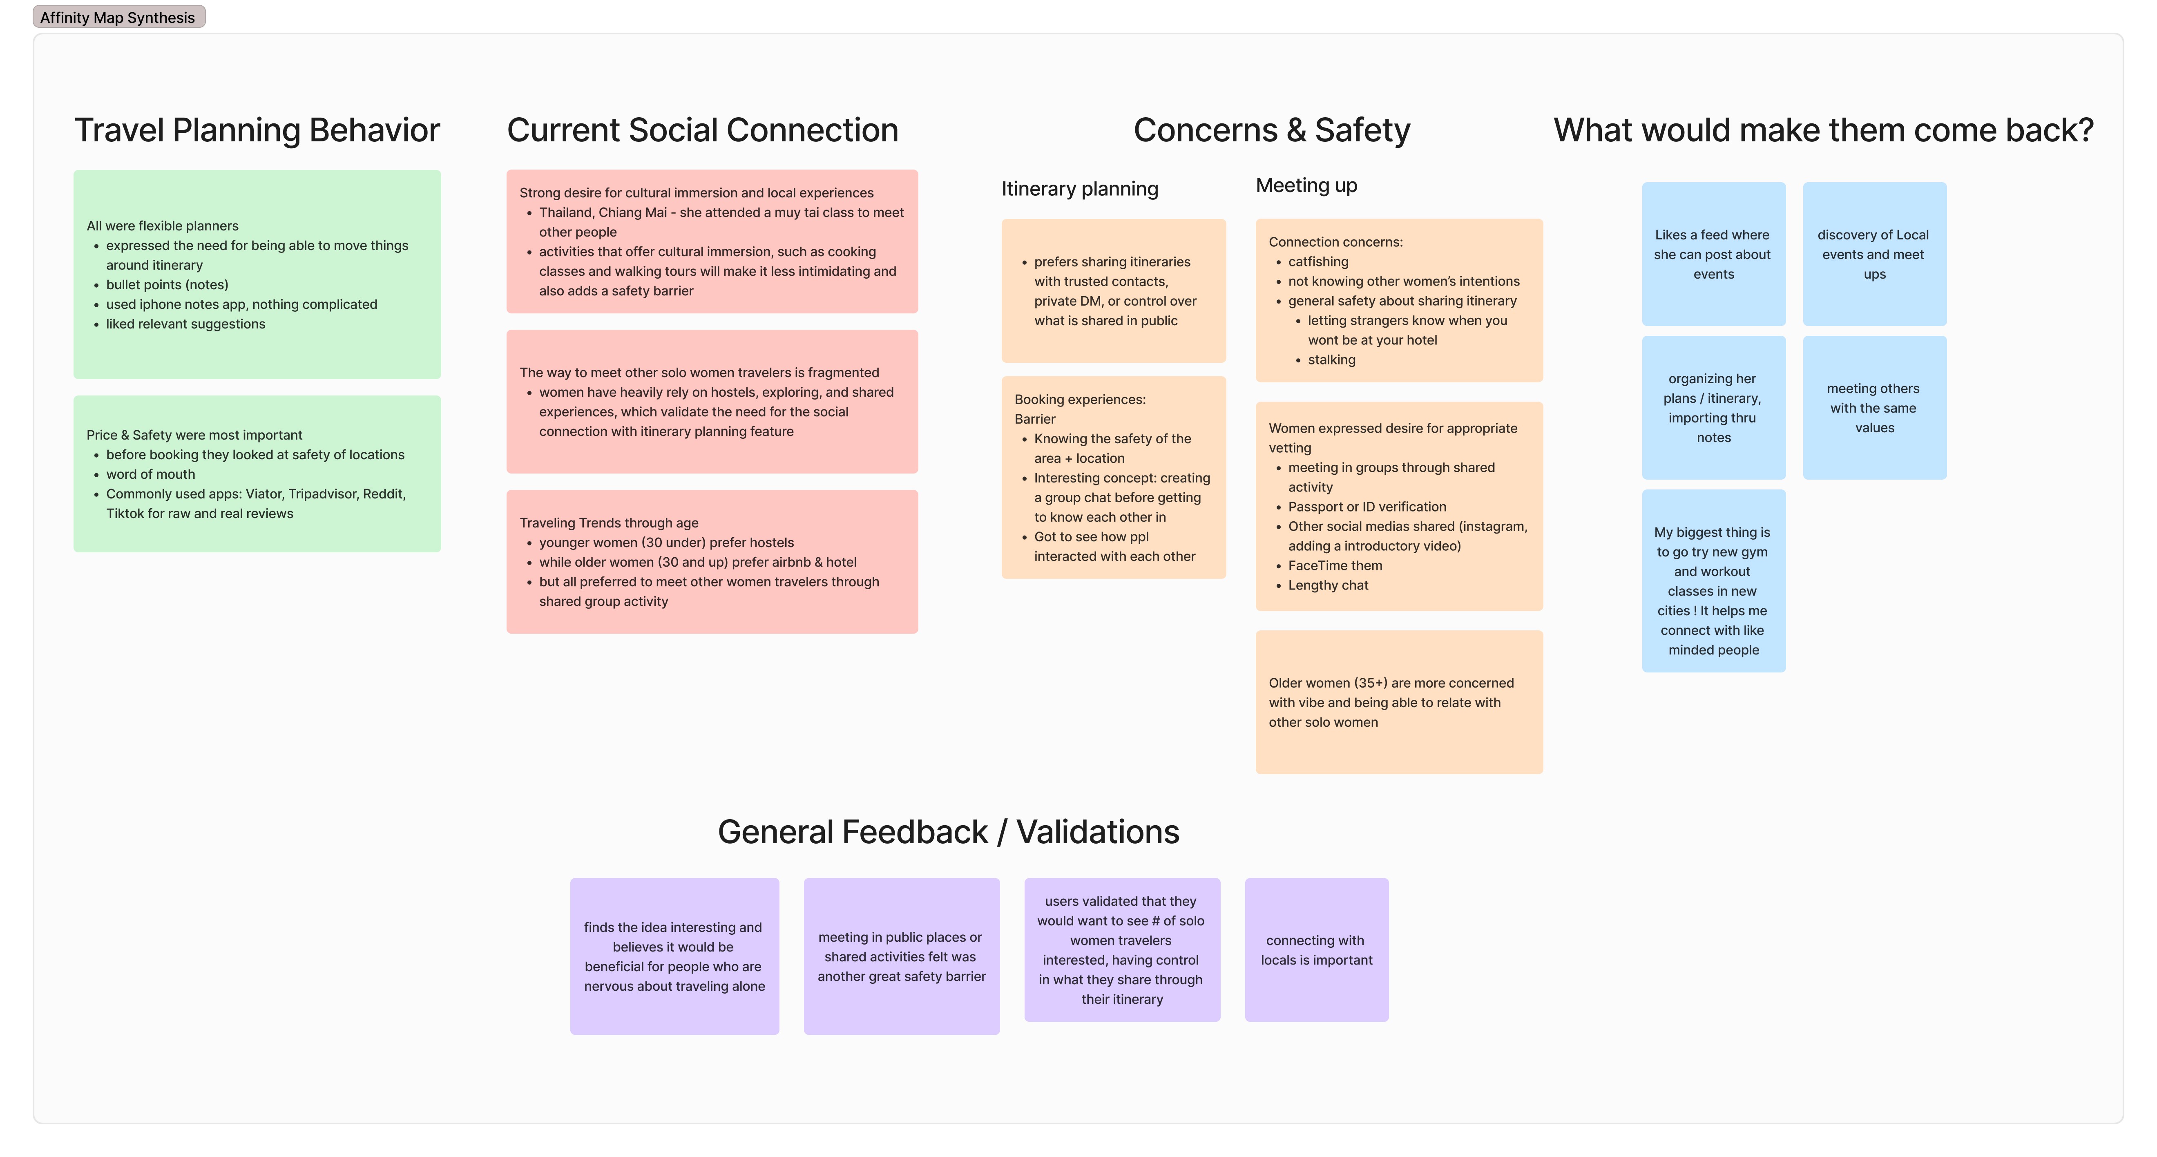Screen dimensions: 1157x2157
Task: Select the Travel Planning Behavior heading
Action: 257,131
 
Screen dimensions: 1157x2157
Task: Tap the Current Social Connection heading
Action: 703,131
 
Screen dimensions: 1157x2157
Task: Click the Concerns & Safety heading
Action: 1271,131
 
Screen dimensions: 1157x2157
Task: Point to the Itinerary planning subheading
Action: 1079,189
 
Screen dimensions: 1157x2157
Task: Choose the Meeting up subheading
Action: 1306,186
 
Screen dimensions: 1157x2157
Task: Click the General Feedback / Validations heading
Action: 948,832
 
